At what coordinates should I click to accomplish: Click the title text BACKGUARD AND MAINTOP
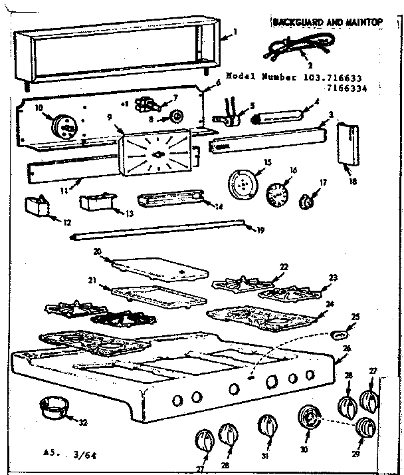pos(328,23)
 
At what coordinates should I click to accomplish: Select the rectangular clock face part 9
pos(158,152)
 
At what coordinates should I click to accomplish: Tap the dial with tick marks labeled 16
pos(277,195)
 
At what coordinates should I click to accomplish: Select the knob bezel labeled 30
pos(308,419)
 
